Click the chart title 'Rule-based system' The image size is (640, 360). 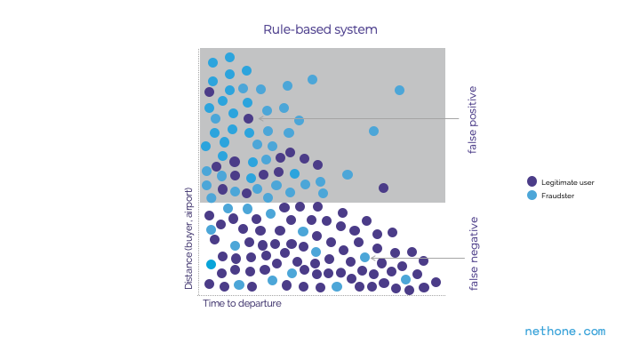click(x=320, y=29)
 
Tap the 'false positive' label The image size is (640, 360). click(x=472, y=120)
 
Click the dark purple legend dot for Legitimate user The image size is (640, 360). click(x=532, y=182)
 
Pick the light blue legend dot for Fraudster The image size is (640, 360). click(x=532, y=195)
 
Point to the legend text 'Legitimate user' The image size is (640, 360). click(x=567, y=182)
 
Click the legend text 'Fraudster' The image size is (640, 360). click(x=558, y=195)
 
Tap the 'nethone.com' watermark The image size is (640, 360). click(x=565, y=331)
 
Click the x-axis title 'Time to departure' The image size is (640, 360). click(x=242, y=303)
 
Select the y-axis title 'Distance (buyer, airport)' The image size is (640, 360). click(x=188, y=238)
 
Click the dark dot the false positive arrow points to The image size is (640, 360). click(x=249, y=118)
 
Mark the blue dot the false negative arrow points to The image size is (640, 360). click(x=364, y=258)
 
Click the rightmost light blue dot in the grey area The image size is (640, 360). click(x=399, y=90)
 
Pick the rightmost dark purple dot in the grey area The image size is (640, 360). click(x=383, y=188)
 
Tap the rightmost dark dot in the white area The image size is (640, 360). click(x=436, y=282)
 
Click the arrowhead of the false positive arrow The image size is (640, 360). click(x=260, y=118)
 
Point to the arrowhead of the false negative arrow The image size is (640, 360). click(x=373, y=258)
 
